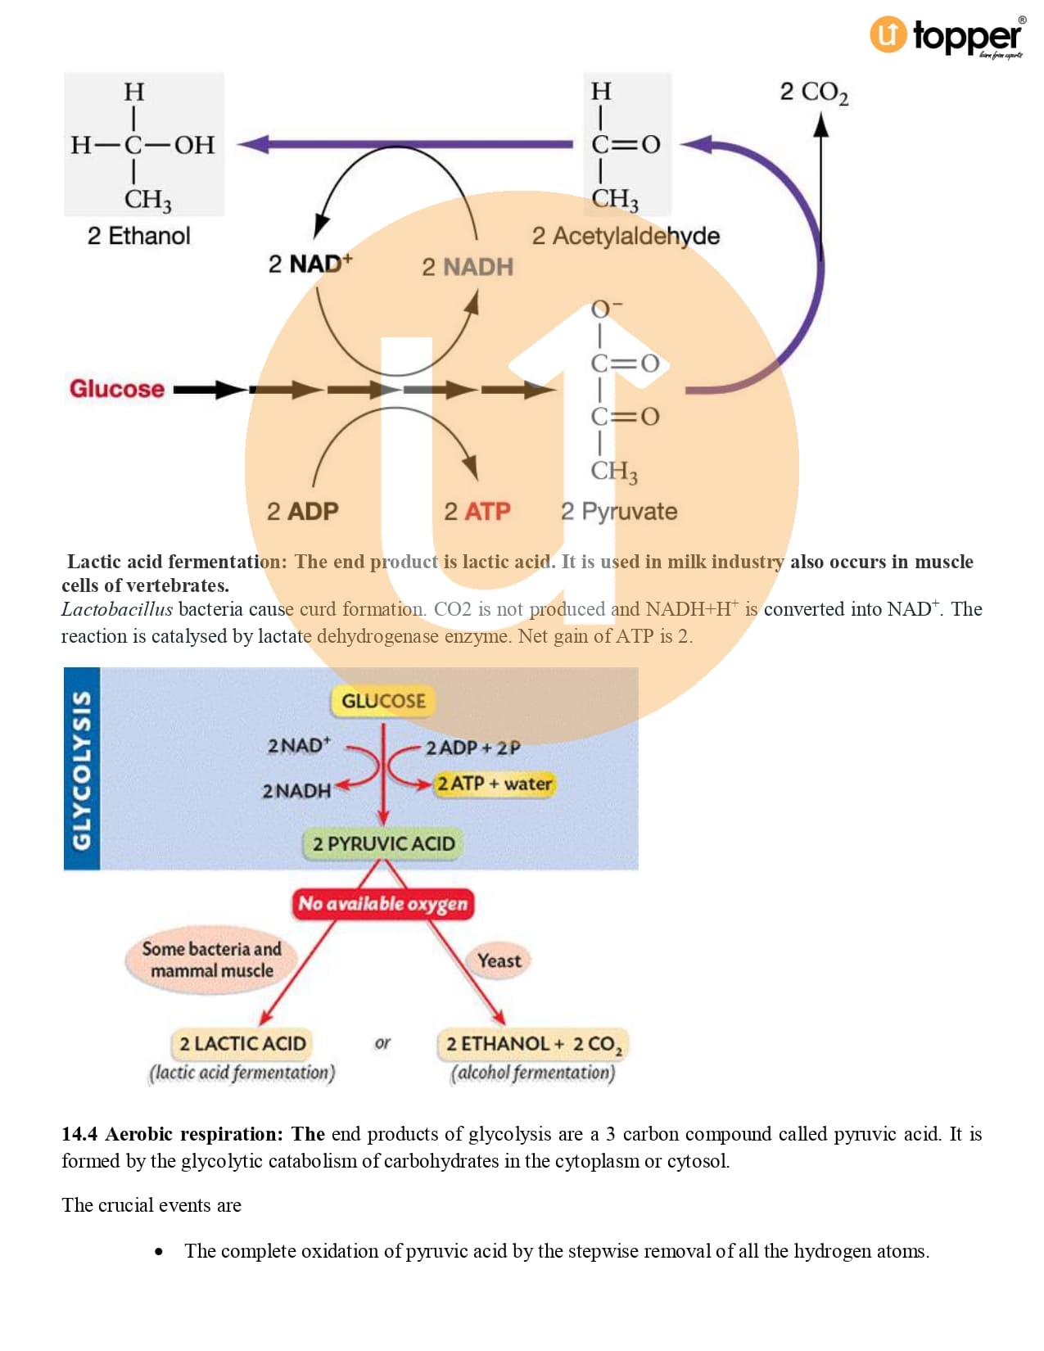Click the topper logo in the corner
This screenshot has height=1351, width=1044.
pos(947,36)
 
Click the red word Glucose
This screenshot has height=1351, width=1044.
pos(116,389)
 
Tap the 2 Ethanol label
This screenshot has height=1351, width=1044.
pos(138,236)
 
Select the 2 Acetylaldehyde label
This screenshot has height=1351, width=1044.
pos(626,236)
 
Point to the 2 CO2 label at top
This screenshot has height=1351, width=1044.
pos(813,92)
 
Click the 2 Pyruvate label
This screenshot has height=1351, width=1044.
pos(619,512)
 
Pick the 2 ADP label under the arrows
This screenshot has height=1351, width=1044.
pos(302,512)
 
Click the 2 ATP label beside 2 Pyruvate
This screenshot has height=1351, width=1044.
pos(477,512)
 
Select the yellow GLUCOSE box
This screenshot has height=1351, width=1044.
pos(383,701)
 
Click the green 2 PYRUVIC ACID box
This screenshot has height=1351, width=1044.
pos(383,843)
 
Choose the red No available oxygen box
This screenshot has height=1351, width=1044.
pos(382,904)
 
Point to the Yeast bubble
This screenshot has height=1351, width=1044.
pos(499,960)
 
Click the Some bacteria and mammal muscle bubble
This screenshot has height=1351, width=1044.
pos(211,960)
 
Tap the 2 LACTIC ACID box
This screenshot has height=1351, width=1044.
pos(242,1044)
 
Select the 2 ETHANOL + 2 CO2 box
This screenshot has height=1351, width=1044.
pos(533,1044)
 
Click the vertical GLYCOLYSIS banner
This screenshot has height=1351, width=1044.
pos(82,768)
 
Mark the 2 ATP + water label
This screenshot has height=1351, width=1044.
pos(494,784)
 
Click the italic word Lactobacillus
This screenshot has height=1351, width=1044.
pos(117,609)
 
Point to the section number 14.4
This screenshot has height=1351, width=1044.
pos(79,1134)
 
